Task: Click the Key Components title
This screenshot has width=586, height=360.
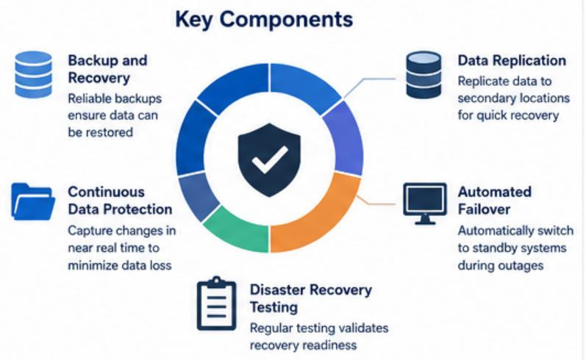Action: point(264,19)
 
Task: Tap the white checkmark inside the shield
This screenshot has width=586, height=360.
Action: point(270,160)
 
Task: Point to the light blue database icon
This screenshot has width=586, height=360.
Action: point(33,74)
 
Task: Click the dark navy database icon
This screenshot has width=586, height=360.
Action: point(424,75)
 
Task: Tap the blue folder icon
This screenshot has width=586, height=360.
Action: point(33,201)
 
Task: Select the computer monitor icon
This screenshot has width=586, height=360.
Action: point(425,204)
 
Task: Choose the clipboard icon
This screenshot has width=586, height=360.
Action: point(216,303)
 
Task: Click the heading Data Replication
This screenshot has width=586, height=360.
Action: point(512,60)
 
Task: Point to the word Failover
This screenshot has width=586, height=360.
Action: point(484,209)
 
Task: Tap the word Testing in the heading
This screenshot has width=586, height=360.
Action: point(274,307)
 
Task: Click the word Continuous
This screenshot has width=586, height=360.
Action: point(106,192)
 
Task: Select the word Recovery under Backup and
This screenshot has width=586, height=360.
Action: point(99,78)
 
